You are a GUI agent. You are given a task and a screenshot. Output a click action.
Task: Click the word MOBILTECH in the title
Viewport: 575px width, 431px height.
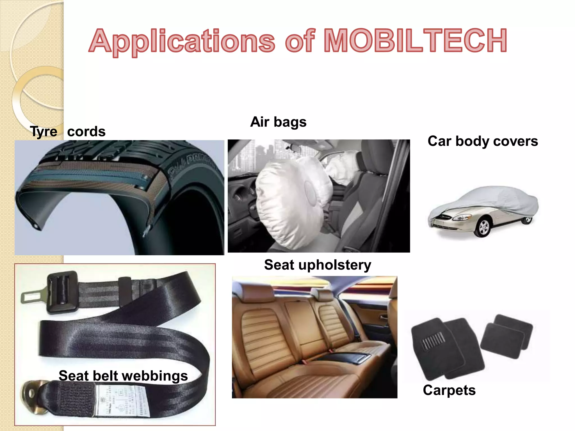pos(416,41)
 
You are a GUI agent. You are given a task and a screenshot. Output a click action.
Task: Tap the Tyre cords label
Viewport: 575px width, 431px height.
pos(68,131)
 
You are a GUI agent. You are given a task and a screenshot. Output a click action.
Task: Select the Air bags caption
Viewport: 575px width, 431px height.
pos(278,122)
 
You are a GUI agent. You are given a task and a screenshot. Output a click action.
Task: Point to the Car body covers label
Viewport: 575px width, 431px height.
pos(483,141)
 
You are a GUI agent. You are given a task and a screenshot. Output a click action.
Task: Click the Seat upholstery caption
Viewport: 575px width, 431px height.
pos(318,265)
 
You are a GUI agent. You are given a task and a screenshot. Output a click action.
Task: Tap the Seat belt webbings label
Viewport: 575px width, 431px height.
pos(123,376)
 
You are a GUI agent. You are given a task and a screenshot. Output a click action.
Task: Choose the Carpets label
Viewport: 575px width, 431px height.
pos(449,390)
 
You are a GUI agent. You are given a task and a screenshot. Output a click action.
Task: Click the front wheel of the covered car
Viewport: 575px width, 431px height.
pos(483,227)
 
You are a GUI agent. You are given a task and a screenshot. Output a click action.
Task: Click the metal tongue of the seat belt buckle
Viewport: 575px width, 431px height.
pos(32,296)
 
